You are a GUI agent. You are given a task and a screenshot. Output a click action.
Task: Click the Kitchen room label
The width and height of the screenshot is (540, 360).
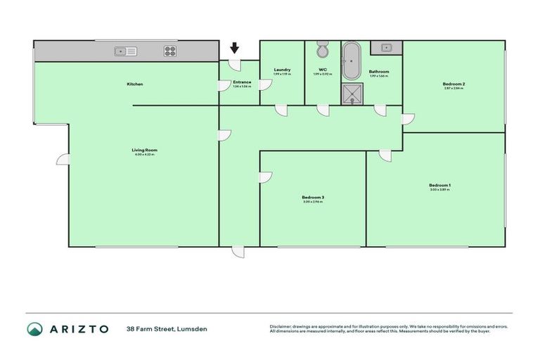(135, 84)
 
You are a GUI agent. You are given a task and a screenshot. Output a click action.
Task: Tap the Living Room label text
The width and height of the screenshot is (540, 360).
(144, 150)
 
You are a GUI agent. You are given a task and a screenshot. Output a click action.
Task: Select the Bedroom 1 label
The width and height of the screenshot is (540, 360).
(439, 186)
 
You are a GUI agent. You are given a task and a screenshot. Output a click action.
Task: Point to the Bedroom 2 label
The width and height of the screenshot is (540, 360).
(454, 84)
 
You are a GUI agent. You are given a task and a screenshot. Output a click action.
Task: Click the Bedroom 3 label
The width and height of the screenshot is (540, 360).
(313, 198)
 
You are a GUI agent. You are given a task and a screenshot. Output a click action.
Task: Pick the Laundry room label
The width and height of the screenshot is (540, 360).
(282, 70)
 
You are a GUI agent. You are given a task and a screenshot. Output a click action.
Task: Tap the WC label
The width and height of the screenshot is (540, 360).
(323, 70)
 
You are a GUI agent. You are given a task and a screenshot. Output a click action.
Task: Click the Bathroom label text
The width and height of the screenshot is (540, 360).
(379, 72)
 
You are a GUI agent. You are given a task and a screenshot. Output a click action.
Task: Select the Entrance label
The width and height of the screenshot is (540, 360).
(241, 82)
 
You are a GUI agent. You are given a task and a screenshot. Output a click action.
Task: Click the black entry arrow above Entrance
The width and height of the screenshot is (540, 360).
(235, 48)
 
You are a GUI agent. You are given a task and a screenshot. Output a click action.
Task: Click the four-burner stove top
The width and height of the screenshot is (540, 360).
(170, 51)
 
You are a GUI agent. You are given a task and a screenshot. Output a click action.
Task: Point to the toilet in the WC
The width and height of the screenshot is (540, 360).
(322, 51)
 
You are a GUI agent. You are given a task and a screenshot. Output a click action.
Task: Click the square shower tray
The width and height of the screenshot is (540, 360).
(351, 94)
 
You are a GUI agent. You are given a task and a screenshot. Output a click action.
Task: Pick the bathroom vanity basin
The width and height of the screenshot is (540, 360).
(386, 48)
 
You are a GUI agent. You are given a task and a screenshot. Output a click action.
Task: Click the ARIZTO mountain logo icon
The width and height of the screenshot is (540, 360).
(34, 329)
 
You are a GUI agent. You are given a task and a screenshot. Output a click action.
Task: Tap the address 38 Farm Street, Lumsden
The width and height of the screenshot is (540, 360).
(167, 329)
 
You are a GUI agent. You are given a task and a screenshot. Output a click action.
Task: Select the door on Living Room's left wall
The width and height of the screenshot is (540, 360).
(63, 160)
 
